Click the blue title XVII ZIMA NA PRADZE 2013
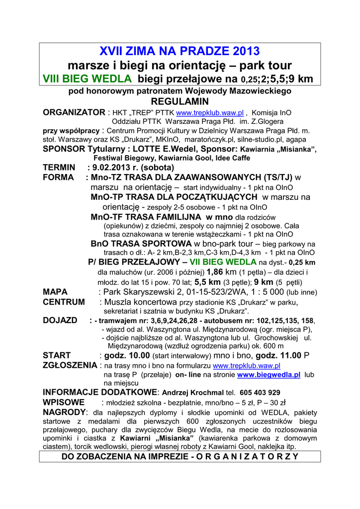(180, 51)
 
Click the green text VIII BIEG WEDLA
(88, 79)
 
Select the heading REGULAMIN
(180, 101)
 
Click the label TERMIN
(59, 168)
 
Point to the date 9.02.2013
(116, 168)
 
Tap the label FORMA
(58, 177)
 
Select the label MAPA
(55, 292)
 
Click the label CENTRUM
(64, 302)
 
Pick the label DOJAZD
(60, 321)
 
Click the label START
(57, 355)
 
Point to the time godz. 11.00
(278, 355)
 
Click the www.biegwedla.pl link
(269, 374)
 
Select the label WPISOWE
(64, 402)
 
